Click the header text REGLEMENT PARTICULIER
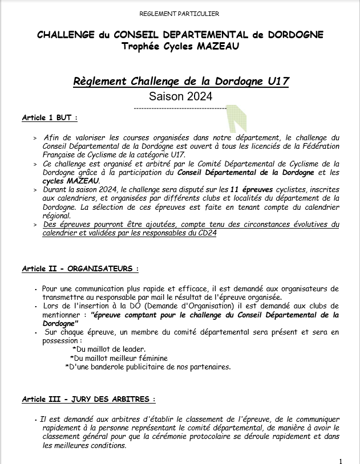180,13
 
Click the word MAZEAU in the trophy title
201,46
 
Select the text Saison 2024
180,96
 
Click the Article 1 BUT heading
49,117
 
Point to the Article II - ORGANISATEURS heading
80,268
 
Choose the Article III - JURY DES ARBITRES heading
88,400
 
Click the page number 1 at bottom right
341,461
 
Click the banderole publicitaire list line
148,367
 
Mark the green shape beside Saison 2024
232,119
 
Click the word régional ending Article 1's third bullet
56,215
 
